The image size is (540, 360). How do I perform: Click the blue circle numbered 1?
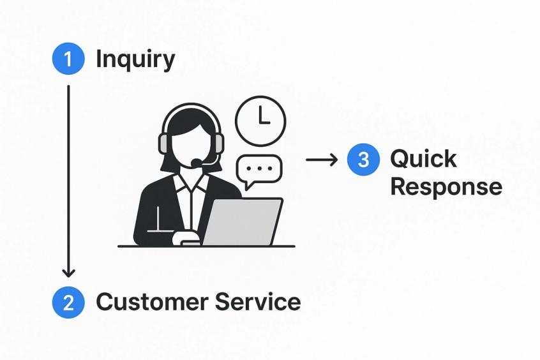pyautogui.click(x=68, y=59)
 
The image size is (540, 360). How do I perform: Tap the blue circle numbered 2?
pyautogui.click(x=68, y=302)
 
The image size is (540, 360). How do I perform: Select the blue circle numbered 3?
pyautogui.click(x=363, y=160)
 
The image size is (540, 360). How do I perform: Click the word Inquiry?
pyautogui.click(x=135, y=59)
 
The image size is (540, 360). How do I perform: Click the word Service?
pyautogui.click(x=258, y=301)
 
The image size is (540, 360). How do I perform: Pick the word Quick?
pyautogui.click(x=423, y=159)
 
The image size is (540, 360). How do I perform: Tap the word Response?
pyautogui.click(x=446, y=187)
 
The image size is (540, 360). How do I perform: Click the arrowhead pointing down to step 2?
pyautogui.click(x=68, y=272)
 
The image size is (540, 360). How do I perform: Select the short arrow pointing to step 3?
pyautogui.click(x=322, y=160)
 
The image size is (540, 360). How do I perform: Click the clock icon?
pyautogui.click(x=260, y=121)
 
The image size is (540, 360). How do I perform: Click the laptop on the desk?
pyautogui.click(x=242, y=221)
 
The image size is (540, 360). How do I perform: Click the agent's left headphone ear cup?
pyautogui.click(x=165, y=144)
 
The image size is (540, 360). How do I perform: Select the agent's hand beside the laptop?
pyautogui.click(x=186, y=237)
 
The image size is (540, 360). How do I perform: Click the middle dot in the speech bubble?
pyautogui.click(x=259, y=169)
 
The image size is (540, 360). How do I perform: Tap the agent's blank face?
pyautogui.click(x=190, y=144)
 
